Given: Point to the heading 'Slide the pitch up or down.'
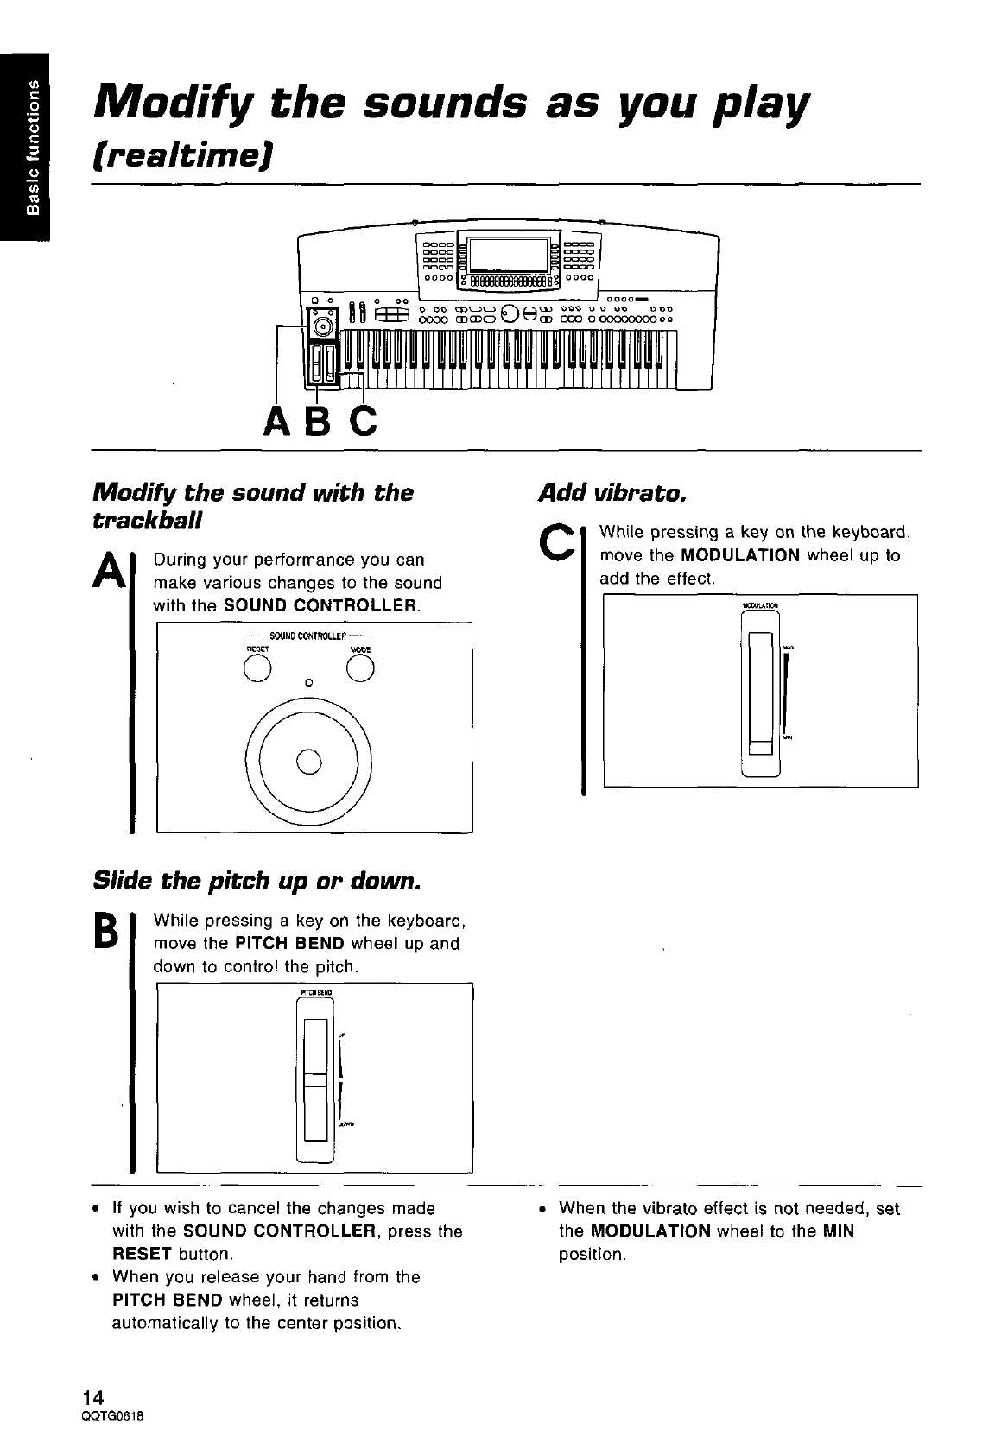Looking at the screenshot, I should (x=257, y=882).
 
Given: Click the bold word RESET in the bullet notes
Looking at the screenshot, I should (x=138, y=1254).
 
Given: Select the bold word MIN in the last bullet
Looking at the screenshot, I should (x=838, y=1231).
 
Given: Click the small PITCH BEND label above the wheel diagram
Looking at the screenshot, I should (x=315, y=992).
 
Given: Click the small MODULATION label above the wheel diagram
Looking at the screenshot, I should (x=761, y=604).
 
